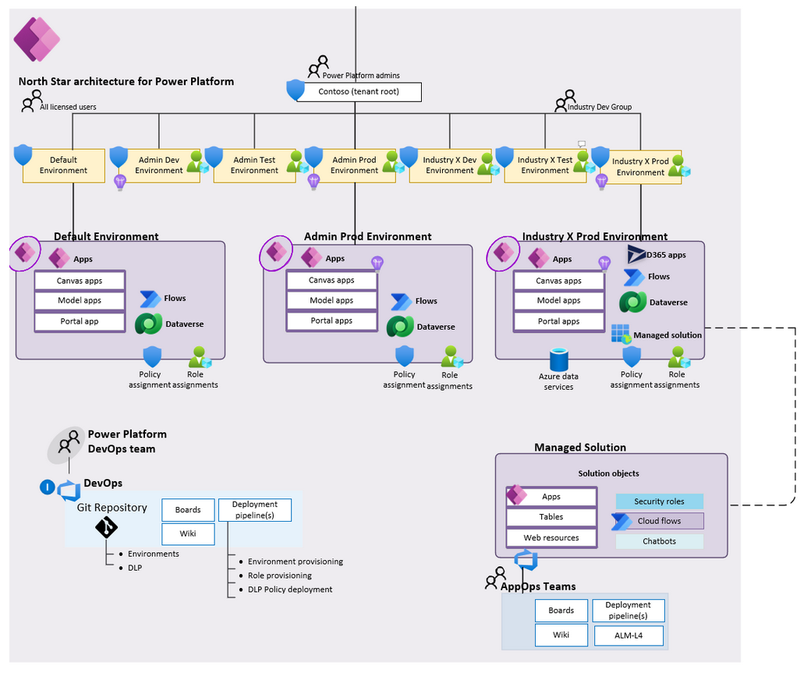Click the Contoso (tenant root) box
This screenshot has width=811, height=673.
355,92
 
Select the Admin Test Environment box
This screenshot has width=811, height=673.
254,165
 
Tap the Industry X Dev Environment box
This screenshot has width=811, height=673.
449,165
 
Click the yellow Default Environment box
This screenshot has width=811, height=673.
63,165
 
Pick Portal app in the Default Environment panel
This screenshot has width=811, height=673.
80,321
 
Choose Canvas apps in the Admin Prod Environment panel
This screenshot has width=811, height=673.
331,280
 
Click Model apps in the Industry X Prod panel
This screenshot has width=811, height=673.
559,301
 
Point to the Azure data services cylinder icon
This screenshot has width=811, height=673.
558,360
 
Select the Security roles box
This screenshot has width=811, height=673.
659,501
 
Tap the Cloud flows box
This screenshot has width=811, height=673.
659,521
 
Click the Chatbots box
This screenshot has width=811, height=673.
659,541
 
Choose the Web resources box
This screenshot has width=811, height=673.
551,537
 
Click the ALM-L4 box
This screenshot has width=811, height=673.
629,636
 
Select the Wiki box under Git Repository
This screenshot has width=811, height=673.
188,534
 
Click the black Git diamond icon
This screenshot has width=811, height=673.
106,528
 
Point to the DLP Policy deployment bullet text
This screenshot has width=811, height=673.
290,590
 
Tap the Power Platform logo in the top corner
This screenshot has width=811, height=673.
37,39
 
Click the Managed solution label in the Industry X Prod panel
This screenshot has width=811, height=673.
667,335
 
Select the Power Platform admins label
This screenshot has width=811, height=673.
360,76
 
